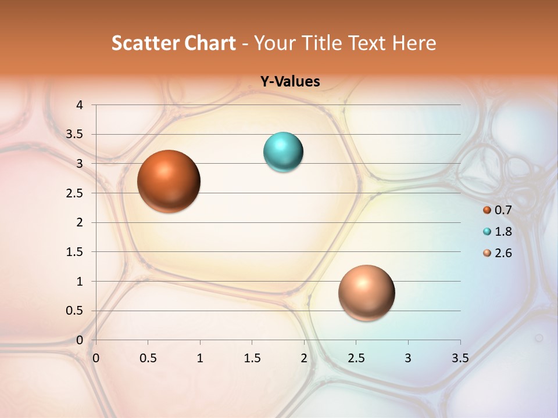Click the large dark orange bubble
pos(169,181)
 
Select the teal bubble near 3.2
pos(283,152)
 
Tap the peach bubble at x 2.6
pos(366,293)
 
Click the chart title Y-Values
pos(289,82)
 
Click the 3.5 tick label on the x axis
pos(460,358)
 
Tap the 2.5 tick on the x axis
pos(356,358)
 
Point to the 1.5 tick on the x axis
pos(252,358)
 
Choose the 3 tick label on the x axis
pos(408,358)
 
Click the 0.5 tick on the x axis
pos(148,358)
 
